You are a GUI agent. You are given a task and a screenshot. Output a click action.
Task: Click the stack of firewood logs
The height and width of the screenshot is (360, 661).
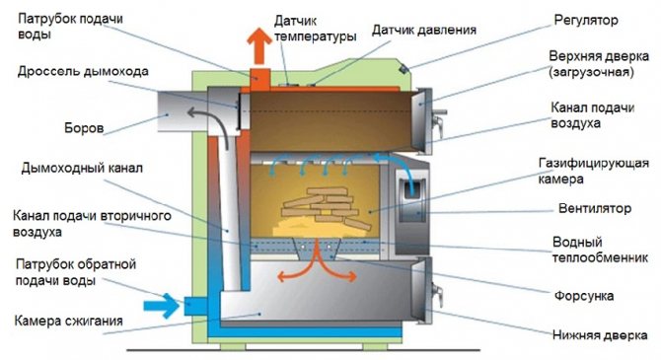pyautogui.click(x=320, y=203)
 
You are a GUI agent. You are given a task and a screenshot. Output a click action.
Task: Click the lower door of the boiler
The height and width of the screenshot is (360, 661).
pyautogui.click(x=422, y=288)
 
